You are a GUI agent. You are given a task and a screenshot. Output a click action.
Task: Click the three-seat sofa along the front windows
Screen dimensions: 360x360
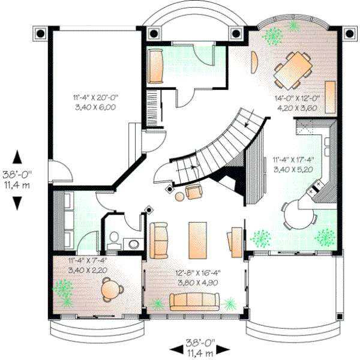click(194, 302)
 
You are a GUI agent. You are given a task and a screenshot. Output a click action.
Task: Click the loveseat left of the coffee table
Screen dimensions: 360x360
click(160, 238)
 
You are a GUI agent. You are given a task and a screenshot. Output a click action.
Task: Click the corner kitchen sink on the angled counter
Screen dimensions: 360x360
click(314, 190)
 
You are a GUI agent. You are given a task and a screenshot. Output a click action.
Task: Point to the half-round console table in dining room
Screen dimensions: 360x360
click(253, 60)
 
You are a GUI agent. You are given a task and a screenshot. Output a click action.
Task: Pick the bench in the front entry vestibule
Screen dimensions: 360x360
click(157, 66)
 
